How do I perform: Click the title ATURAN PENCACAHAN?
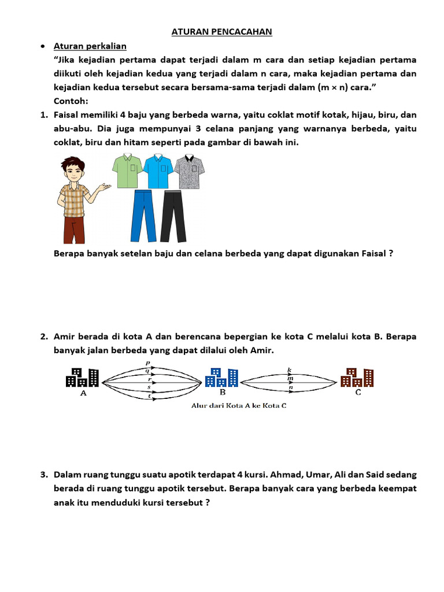222,32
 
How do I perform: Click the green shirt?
128,171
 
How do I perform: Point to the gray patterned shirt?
190,171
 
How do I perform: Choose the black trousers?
174,216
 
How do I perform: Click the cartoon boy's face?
72,171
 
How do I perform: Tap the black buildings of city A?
83,378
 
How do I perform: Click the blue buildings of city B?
221,378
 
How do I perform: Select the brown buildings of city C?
357,378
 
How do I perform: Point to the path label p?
148,363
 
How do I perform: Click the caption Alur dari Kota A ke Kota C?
239,405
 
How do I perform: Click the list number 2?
44,336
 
